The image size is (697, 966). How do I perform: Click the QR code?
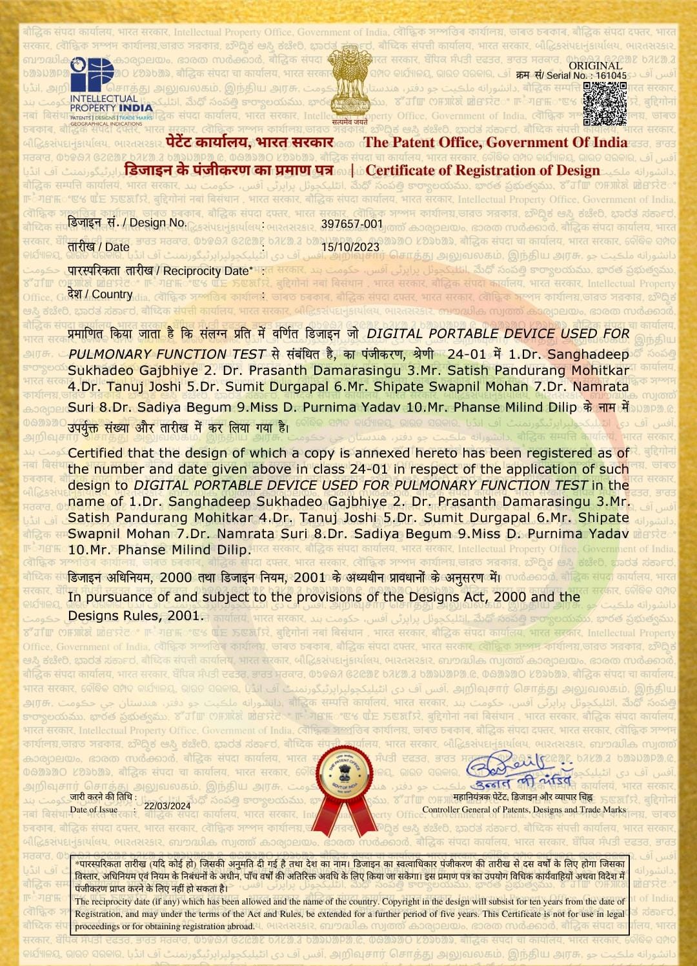pyautogui.click(x=604, y=103)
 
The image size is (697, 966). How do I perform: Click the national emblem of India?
pyautogui.click(x=350, y=82)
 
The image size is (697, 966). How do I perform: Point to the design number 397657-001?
pyautogui.click(x=352, y=224)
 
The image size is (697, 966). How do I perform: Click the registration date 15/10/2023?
pyautogui.click(x=350, y=247)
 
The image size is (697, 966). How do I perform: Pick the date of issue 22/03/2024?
pyautogui.click(x=167, y=806)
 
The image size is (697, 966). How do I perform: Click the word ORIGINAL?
pyautogui.click(x=595, y=65)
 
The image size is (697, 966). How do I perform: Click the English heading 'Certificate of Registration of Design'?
pyautogui.click(x=483, y=170)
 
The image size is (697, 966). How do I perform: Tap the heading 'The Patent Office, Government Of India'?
pyautogui.click(x=495, y=143)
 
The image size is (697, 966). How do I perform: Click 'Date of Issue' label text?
pyautogui.click(x=94, y=809)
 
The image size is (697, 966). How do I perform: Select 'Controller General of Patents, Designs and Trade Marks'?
pyautogui.click(x=524, y=809)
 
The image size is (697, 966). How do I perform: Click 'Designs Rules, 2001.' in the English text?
pyautogui.click(x=136, y=616)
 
